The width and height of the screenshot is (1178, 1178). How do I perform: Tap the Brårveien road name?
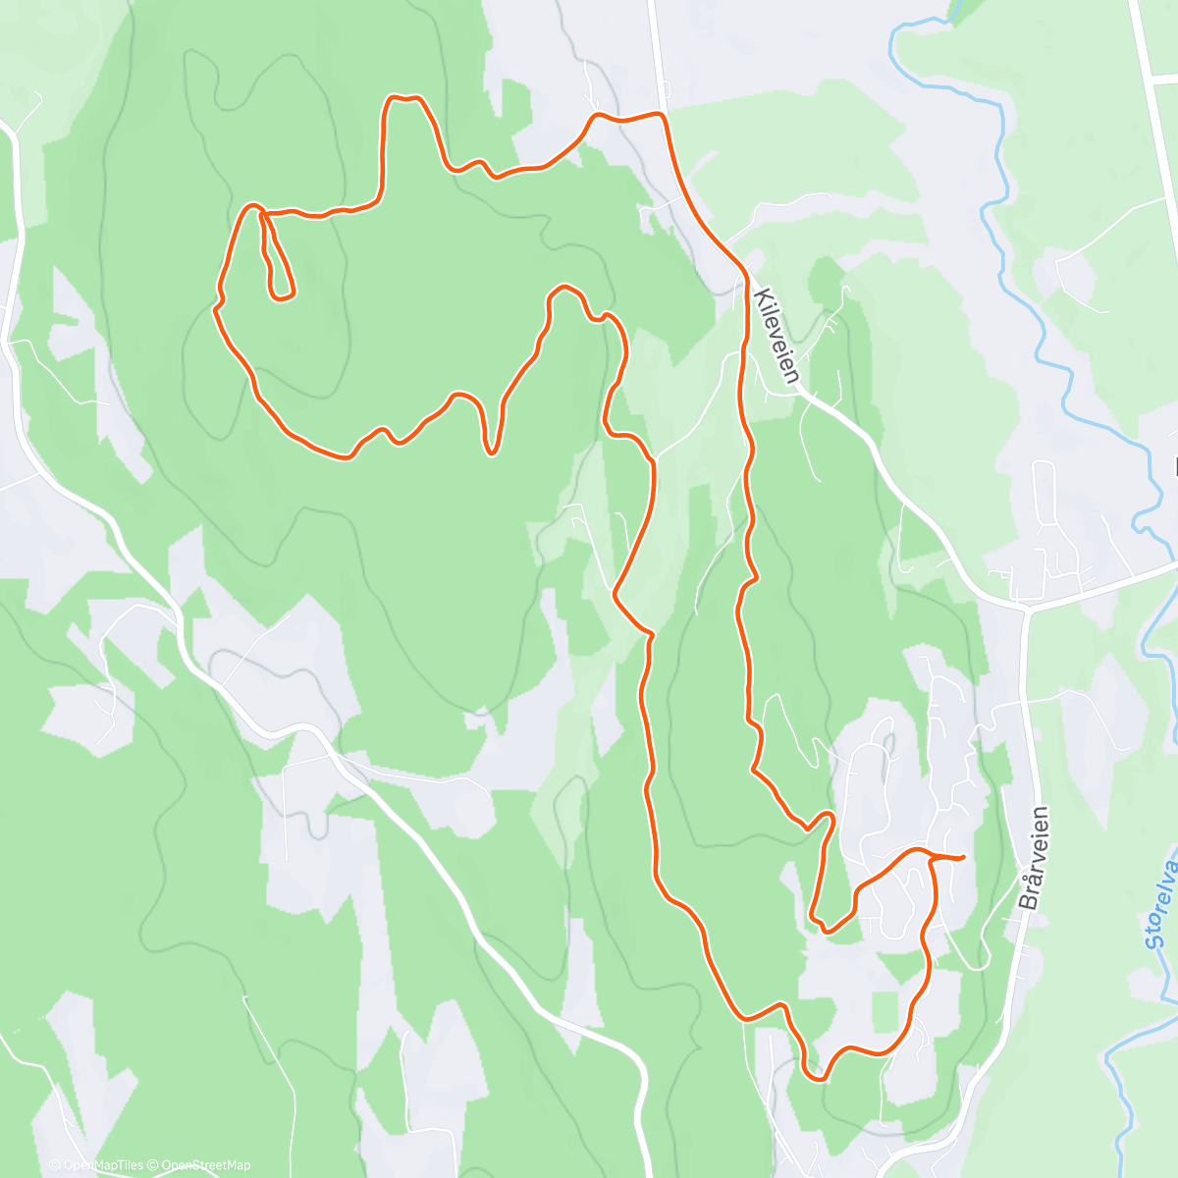pyautogui.click(x=1034, y=858)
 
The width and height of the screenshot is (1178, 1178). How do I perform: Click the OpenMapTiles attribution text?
pyautogui.click(x=95, y=1165)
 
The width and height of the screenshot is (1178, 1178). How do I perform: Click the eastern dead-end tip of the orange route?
pyautogui.click(x=962, y=857)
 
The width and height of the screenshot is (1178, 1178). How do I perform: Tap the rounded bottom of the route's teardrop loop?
pyautogui.click(x=283, y=294)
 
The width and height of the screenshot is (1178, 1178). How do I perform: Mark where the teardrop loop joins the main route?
pyautogui.click(x=260, y=211)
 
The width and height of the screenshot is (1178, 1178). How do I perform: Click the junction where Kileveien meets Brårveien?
pyautogui.click(x=1026, y=606)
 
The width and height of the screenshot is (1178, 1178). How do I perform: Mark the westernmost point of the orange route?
pyautogui.click(x=215, y=308)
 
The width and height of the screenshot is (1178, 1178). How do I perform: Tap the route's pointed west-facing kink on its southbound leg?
pyautogui.click(x=616, y=593)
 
